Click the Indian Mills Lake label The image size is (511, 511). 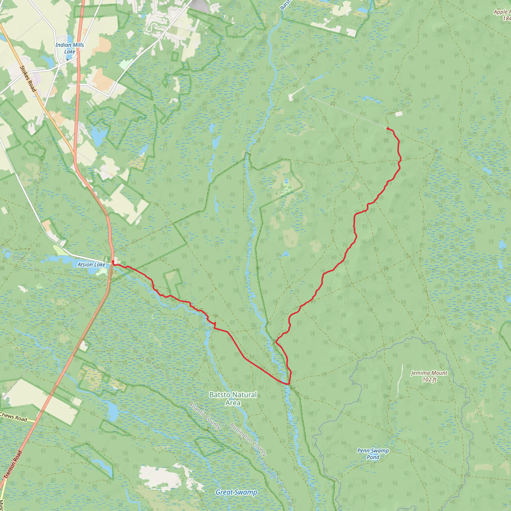point(69,48)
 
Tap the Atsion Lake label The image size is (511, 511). point(91,264)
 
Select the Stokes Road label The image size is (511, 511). point(28,79)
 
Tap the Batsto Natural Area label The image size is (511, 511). point(233,398)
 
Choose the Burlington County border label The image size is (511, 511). point(248,439)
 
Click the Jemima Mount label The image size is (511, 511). point(429,373)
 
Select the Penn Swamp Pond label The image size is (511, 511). point(373,454)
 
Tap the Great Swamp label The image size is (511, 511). point(236,492)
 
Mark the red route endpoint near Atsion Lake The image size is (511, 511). point(113,261)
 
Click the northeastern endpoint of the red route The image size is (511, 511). point(388,128)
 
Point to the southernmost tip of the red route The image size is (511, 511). point(288,384)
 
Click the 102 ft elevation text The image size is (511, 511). point(429,380)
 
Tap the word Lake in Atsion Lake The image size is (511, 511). point(99,264)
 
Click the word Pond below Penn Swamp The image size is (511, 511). point(373,457)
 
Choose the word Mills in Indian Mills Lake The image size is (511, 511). point(78,45)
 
